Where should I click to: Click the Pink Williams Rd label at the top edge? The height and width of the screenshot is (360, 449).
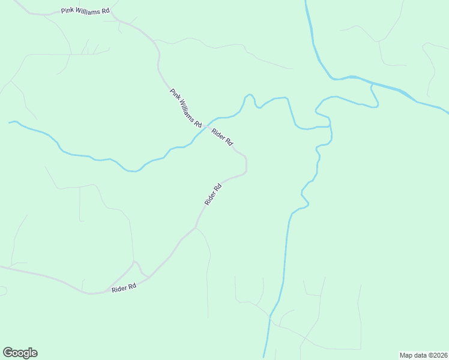tap(86, 11)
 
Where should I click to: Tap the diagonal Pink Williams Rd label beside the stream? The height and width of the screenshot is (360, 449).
tap(185, 108)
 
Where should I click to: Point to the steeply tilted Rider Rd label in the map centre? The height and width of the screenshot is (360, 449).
tap(213, 194)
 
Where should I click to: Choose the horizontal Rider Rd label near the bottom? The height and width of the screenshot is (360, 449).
tap(124, 288)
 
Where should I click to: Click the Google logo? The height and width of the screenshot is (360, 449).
tap(20, 353)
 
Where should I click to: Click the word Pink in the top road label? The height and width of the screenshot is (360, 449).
tap(67, 11)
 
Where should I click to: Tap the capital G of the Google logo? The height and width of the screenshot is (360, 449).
tap(8, 352)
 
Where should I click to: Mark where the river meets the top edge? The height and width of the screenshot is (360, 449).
tap(306, 1)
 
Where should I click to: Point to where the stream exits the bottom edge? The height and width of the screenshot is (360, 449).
tap(264, 358)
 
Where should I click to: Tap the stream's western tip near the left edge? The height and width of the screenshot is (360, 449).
tap(10, 122)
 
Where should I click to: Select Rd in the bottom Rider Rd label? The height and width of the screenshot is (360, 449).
tap(131, 287)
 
